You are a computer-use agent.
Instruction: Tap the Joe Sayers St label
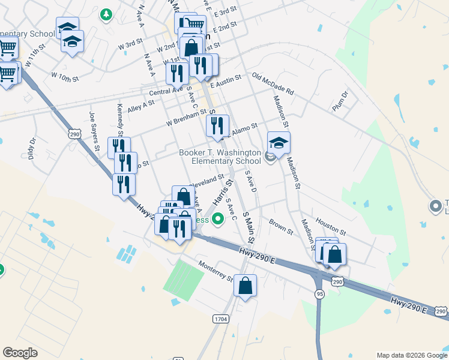pos(95,131)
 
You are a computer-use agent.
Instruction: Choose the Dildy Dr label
pos(32,148)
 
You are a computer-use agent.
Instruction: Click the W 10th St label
pos(65,77)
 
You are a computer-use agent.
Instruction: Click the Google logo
pos(20,353)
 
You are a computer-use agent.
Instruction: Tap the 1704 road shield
pos(220,320)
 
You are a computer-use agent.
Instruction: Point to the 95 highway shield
pos(319,293)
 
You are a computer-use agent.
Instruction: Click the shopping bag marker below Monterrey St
pos(245,286)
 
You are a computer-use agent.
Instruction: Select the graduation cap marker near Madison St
pos(279,143)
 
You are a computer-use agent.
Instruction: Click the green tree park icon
pos(106,14)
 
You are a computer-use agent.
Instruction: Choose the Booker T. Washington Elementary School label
pos(220,157)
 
